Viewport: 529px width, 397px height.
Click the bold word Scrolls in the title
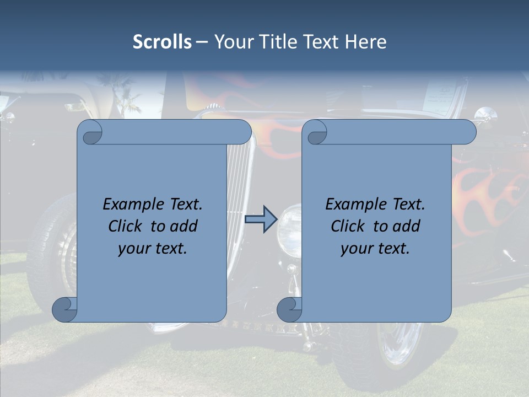tap(162, 42)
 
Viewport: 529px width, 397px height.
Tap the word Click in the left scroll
tap(126, 226)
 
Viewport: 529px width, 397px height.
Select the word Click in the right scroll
tap(348, 226)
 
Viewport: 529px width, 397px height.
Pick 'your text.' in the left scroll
tap(153, 249)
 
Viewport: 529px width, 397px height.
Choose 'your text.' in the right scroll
tap(375, 249)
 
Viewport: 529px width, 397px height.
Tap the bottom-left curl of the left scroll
tap(64, 309)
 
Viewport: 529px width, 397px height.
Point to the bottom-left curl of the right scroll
tap(289, 309)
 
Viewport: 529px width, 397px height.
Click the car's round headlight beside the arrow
tap(289, 230)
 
